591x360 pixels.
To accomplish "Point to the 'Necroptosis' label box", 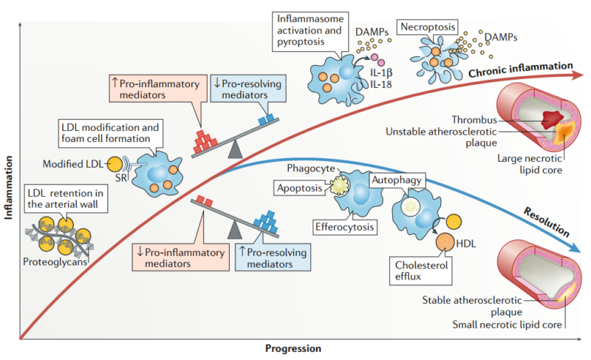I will tap(424, 27).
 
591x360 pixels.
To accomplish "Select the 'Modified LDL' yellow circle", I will tap(115, 163).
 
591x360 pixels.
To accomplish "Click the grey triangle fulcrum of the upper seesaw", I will tap(235, 151).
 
